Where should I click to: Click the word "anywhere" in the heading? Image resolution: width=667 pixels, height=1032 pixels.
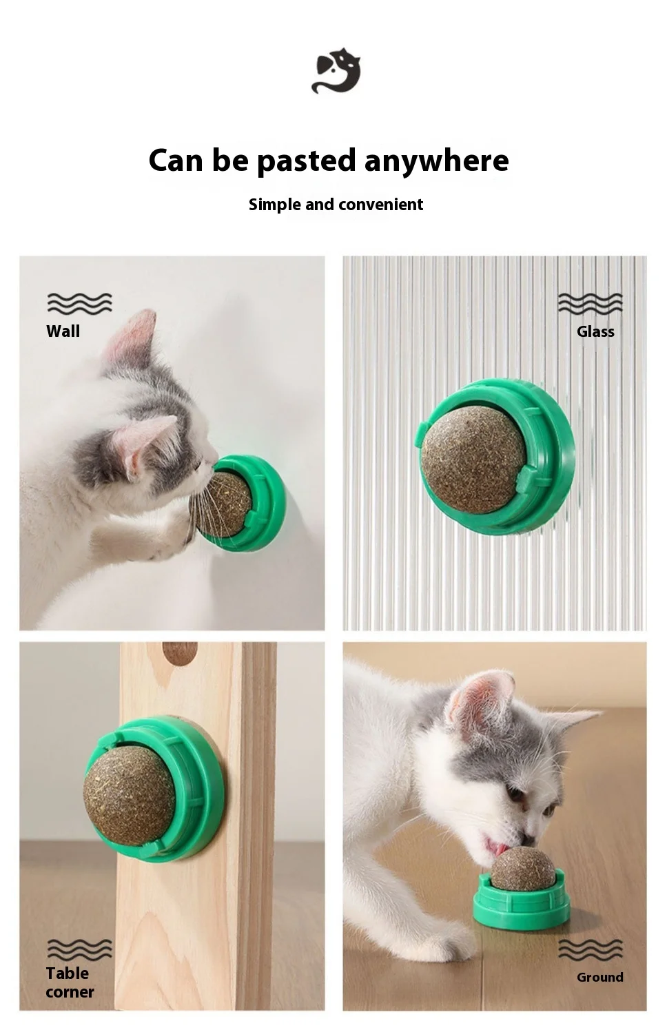[437, 161]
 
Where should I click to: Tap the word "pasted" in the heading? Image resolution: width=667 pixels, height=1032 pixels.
[306, 161]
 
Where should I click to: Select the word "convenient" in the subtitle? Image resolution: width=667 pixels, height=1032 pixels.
[379, 205]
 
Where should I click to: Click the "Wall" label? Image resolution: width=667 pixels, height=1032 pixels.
[63, 331]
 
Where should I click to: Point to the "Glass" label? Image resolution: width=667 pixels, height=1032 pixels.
[595, 331]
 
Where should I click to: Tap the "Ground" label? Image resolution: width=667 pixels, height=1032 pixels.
[599, 977]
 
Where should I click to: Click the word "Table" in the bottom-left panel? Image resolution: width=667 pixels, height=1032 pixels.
[68, 973]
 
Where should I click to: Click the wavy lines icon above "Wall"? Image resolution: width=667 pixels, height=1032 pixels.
[79, 304]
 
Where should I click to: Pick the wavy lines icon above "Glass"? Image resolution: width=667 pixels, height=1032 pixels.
[590, 304]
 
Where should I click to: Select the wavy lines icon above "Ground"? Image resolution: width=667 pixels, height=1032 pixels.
[590, 949]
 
